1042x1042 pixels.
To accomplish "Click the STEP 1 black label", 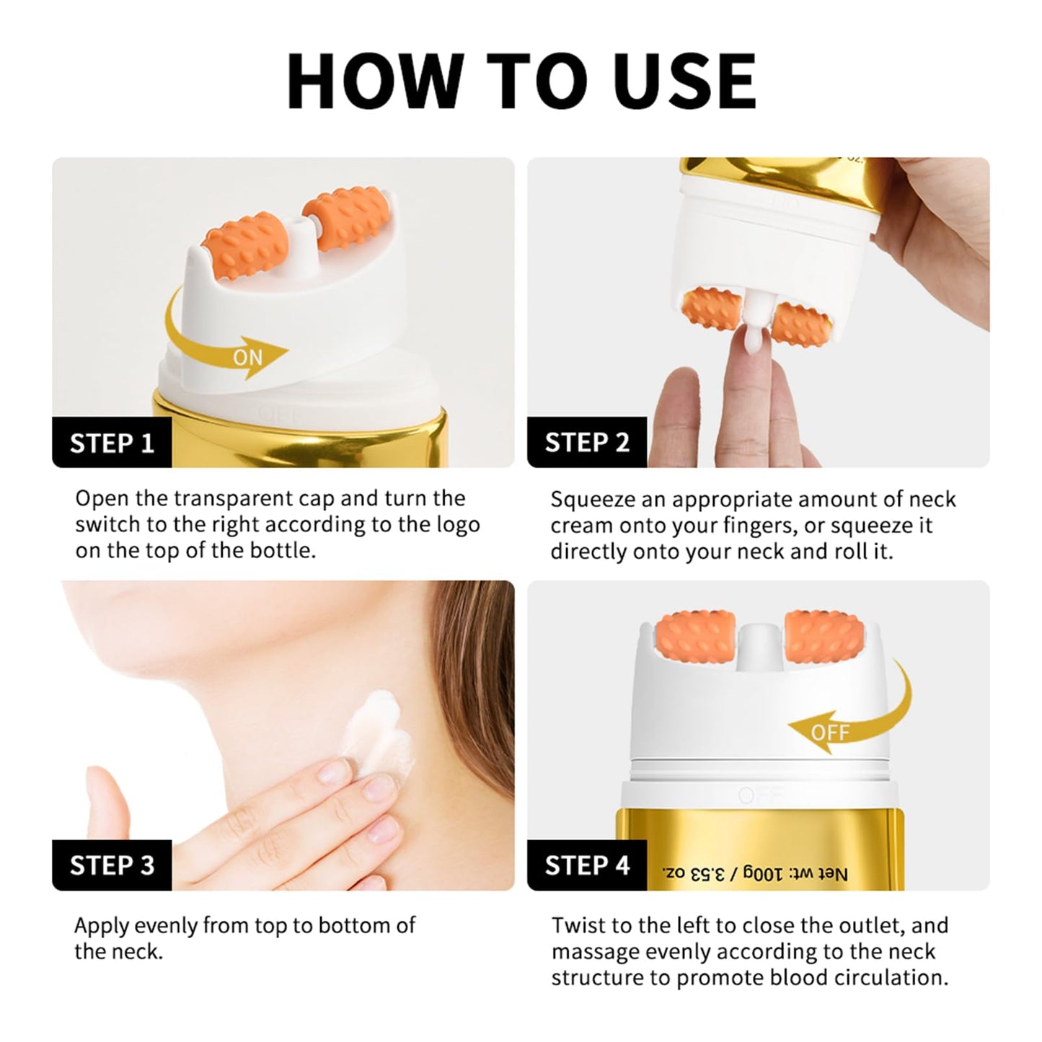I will click(x=112, y=442).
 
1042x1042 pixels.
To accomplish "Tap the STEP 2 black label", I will click(x=587, y=442).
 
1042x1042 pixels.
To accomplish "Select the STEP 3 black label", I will click(x=112, y=865).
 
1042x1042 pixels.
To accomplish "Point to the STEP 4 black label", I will click(x=587, y=865).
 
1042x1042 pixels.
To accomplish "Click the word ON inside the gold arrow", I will click(x=248, y=357).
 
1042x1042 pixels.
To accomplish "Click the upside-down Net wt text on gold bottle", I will click(x=754, y=874).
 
